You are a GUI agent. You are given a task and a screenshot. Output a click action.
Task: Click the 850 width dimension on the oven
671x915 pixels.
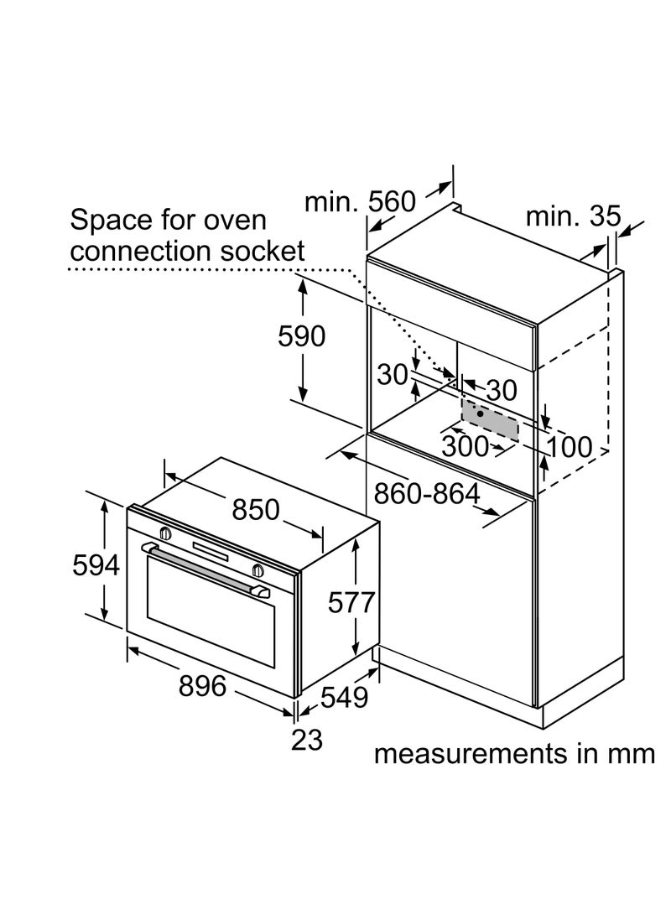point(255,509)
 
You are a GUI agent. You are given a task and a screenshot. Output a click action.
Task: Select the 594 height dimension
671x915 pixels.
point(95,567)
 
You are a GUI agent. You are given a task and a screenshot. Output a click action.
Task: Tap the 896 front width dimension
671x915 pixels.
point(203,686)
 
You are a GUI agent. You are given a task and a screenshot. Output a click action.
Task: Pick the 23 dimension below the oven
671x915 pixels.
point(306,740)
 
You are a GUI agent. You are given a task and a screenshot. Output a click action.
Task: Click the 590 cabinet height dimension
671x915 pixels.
point(301,336)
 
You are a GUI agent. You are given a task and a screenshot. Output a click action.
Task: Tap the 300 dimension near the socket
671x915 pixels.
point(464,446)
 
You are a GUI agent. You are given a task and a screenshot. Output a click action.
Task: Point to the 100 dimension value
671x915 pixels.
point(571,447)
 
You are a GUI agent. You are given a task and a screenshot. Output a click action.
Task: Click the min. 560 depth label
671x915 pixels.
point(360,202)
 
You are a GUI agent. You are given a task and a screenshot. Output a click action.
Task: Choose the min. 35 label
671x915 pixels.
point(573,216)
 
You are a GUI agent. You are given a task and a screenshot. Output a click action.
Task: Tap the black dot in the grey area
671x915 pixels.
point(479,413)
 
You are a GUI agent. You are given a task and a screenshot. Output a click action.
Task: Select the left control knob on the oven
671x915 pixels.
point(165,533)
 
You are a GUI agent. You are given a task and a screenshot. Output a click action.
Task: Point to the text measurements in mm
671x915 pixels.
point(513,753)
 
